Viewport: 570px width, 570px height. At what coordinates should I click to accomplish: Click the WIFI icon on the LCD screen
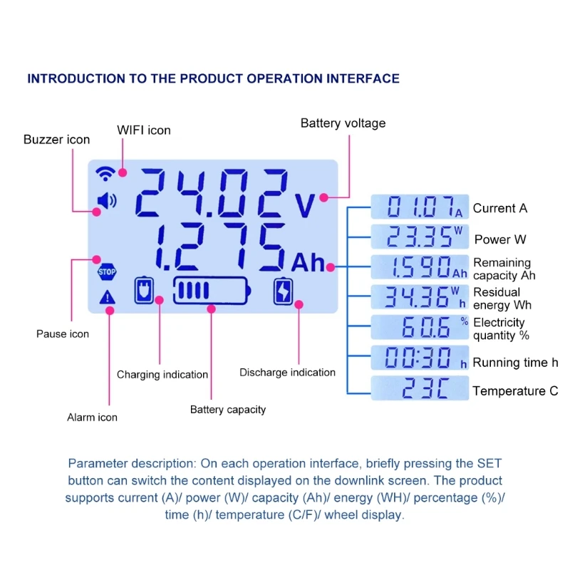click(x=106, y=173)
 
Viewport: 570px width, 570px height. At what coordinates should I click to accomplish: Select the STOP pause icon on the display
click(x=106, y=271)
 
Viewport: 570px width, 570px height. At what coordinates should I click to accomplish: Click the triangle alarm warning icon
click(x=107, y=297)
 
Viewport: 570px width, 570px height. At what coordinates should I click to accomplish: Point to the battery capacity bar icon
click(x=212, y=291)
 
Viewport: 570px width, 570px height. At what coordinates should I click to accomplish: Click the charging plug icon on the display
click(x=144, y=290)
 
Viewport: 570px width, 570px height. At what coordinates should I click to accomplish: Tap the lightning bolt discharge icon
click(x=284, y=291)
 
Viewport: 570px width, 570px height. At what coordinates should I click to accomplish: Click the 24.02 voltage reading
click(x=212, y=193)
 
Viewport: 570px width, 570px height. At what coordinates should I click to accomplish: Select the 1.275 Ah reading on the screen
click(x=218, y=247)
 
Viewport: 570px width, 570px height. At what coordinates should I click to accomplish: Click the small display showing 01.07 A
click(x=420, y=207)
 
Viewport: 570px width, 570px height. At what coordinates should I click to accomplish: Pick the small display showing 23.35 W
click(x=420, y=237)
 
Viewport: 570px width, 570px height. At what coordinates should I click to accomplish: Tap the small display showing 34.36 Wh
click(x=420, y=296)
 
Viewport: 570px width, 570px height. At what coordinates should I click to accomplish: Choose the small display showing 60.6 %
click(x=420, y=326)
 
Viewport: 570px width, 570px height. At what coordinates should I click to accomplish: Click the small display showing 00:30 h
click(x=420, y=357)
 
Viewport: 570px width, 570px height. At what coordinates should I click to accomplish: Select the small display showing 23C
click(x=420, y=388)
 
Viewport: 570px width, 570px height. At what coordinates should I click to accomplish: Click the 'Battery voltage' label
click(x=343, y=123)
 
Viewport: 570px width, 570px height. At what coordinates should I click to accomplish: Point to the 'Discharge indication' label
click(x=287, y=373)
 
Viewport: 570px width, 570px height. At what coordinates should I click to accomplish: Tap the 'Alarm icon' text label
click(x=92, y=418)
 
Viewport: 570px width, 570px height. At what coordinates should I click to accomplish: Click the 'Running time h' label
click(x=515, y=363)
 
